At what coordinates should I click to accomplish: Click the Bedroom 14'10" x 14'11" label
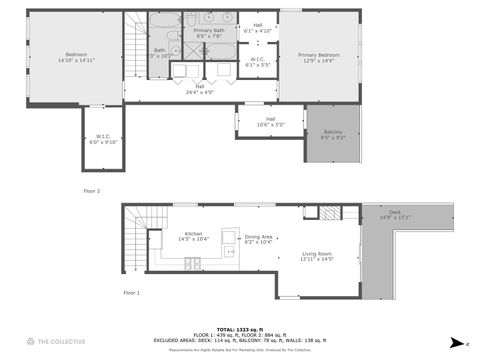pos(76,56)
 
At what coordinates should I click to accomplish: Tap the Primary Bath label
pos(209,33)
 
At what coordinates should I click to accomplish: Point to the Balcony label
pos(332,135)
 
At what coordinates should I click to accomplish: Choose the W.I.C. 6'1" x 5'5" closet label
pos(257,61)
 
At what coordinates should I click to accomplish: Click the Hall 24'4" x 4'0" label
pos(199,89)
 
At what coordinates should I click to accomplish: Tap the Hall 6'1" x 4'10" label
pos(257,28)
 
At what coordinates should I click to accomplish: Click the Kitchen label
pos(190,237)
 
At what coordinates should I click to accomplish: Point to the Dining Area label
pos(258,239)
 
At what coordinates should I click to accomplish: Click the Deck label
pos(395,214)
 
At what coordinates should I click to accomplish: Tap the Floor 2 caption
pos(92,190)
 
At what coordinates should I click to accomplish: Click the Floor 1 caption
pos(131,293)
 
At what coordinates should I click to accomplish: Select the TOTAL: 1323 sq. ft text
pos(240,328)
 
